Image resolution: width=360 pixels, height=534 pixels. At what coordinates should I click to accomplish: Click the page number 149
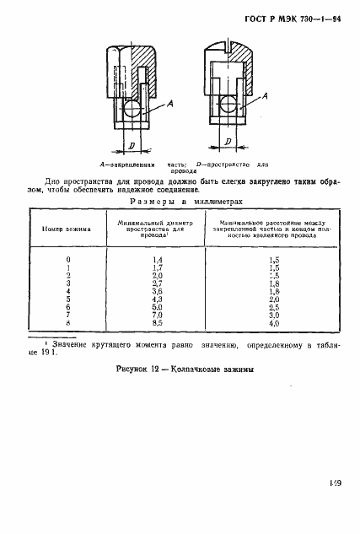point(336,483)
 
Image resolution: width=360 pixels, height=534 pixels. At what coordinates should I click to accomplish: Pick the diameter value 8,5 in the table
point(156,322)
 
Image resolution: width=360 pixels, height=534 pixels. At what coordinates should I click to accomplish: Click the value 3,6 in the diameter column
point(156,289)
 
